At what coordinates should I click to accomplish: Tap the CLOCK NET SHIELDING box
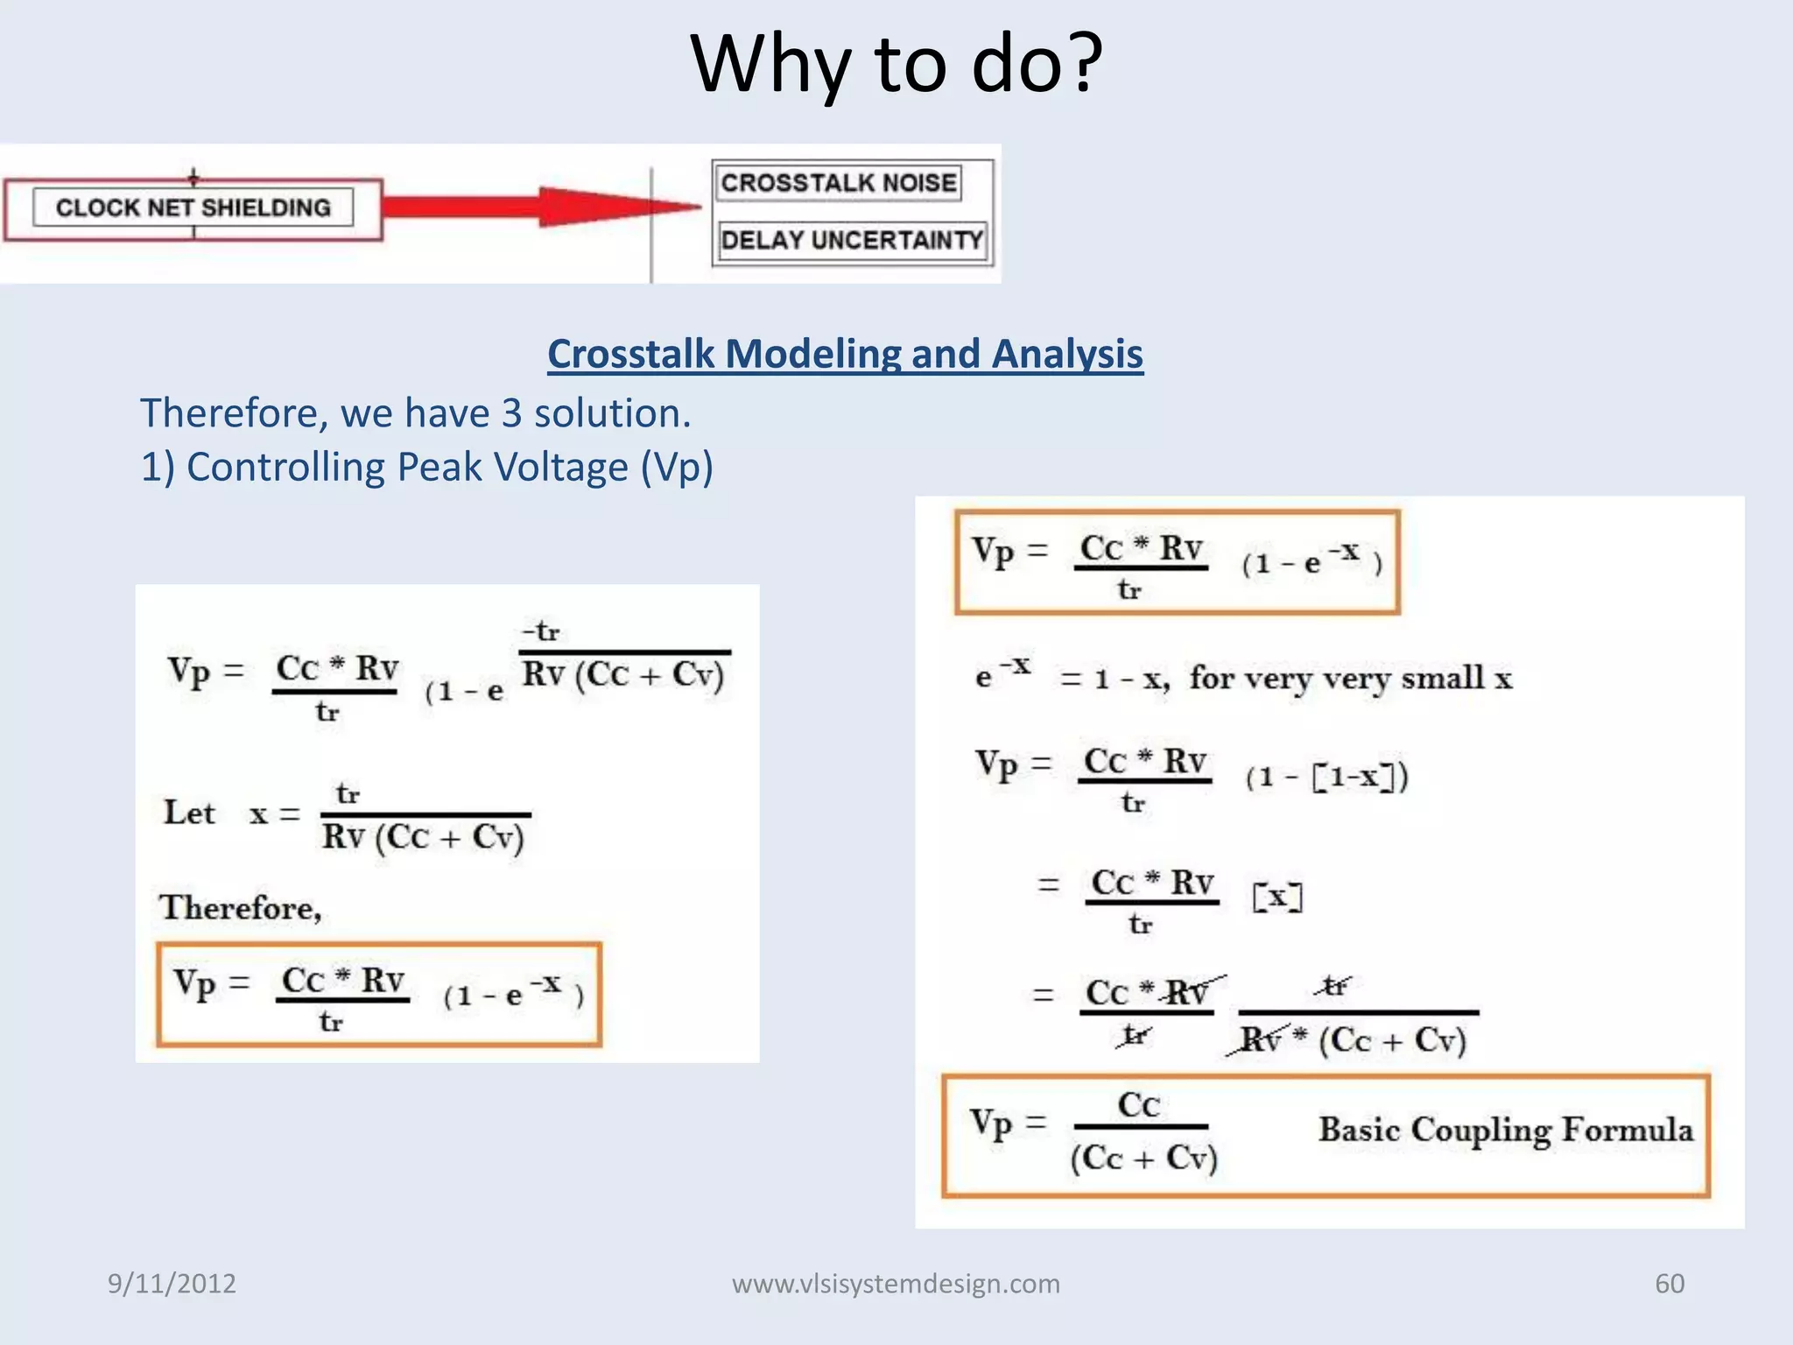193,208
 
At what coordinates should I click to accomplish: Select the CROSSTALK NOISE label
838,183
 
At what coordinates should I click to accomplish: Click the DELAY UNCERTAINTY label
851,240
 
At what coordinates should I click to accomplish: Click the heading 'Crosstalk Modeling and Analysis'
845,355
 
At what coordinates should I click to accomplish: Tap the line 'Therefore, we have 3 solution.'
416,413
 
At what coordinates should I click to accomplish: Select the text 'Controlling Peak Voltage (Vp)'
449,467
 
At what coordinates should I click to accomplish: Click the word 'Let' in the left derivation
189,813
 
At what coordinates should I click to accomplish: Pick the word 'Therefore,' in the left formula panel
241,908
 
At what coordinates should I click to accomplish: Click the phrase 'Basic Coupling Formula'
1505,1130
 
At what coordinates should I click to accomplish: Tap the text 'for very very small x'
1350,679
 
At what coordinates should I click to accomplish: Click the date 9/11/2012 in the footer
172,1284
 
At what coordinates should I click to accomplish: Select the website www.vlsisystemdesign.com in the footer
896,1284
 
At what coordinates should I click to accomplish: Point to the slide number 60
1669,1284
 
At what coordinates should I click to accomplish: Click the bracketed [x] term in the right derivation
1277,897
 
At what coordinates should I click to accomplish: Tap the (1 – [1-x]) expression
1326,777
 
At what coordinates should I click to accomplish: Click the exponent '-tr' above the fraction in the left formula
541,631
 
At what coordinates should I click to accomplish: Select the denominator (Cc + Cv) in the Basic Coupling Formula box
1143,1158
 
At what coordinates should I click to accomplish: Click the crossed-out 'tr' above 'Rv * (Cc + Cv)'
1333,987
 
